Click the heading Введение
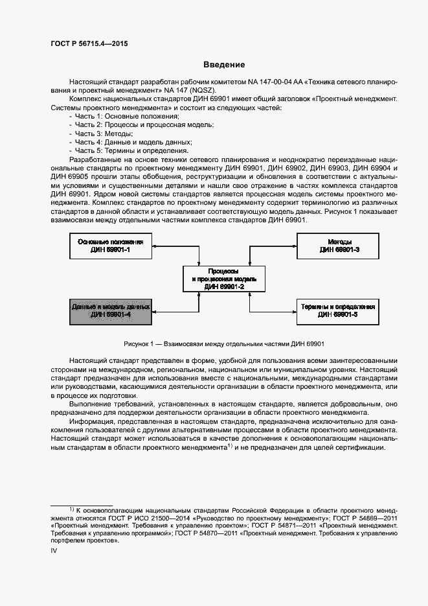[x=224, y=65]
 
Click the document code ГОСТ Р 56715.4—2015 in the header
[x=89, y=43]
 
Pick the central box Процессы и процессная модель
[x=223, y=279]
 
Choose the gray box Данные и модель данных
[x=110, y=310]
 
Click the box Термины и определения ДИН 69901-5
[x=337, y=310]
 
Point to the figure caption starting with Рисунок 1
[x=223, y=344]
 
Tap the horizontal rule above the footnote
[x=82, y=505]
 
